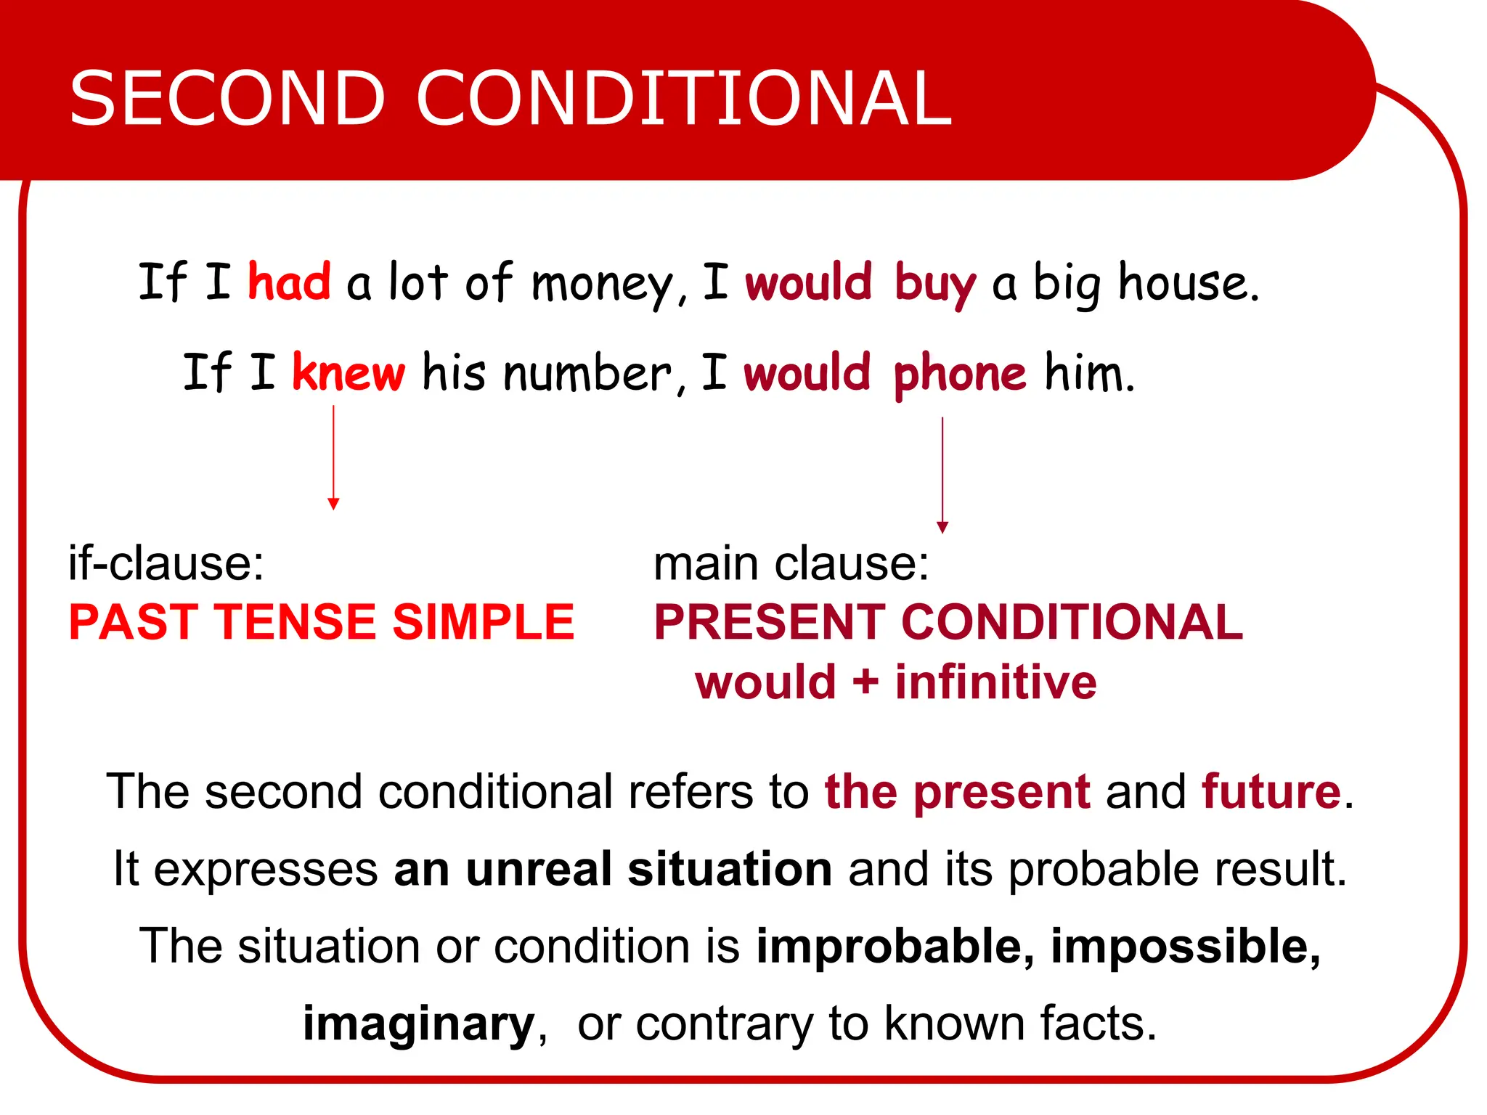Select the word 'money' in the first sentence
(603, 285)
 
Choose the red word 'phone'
(960, 375)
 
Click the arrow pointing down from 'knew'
(333, 457)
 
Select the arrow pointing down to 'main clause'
(942, 475)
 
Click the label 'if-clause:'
(166, 563)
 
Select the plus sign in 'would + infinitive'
(865, 683)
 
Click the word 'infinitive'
(995, 682)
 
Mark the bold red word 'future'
(1271, 791)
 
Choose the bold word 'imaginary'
(419, 1024)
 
